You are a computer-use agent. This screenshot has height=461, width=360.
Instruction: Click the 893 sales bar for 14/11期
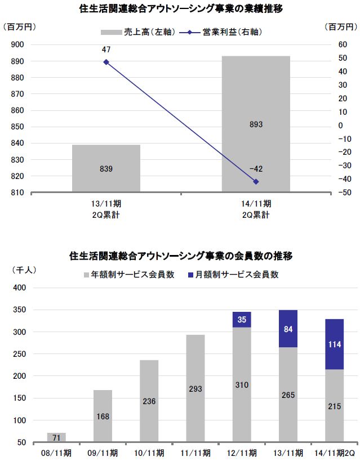pos(256,124)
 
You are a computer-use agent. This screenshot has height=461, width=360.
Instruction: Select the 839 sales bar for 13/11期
pos(106,168)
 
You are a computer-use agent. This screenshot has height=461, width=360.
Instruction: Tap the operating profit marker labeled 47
pos(106,62)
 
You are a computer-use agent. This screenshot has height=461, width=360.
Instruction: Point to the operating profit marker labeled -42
pos(256,182)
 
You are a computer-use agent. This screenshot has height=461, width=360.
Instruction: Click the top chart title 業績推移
pos(180,9)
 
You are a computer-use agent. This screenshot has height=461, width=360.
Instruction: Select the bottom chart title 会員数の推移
pos(180,256)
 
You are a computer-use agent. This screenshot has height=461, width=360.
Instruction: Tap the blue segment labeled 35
pos(242,320)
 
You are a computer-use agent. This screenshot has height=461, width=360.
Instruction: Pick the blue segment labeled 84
pos(288,329)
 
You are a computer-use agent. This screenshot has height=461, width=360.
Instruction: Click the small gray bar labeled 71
pos(56,437)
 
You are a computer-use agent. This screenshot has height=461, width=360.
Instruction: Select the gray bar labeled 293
pos(195,388)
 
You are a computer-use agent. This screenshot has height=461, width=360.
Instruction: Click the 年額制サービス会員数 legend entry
pos(129,275)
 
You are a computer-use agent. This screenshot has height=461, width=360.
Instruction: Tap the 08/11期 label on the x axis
pos(56,453)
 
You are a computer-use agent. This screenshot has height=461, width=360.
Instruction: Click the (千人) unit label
pos(24,270)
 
